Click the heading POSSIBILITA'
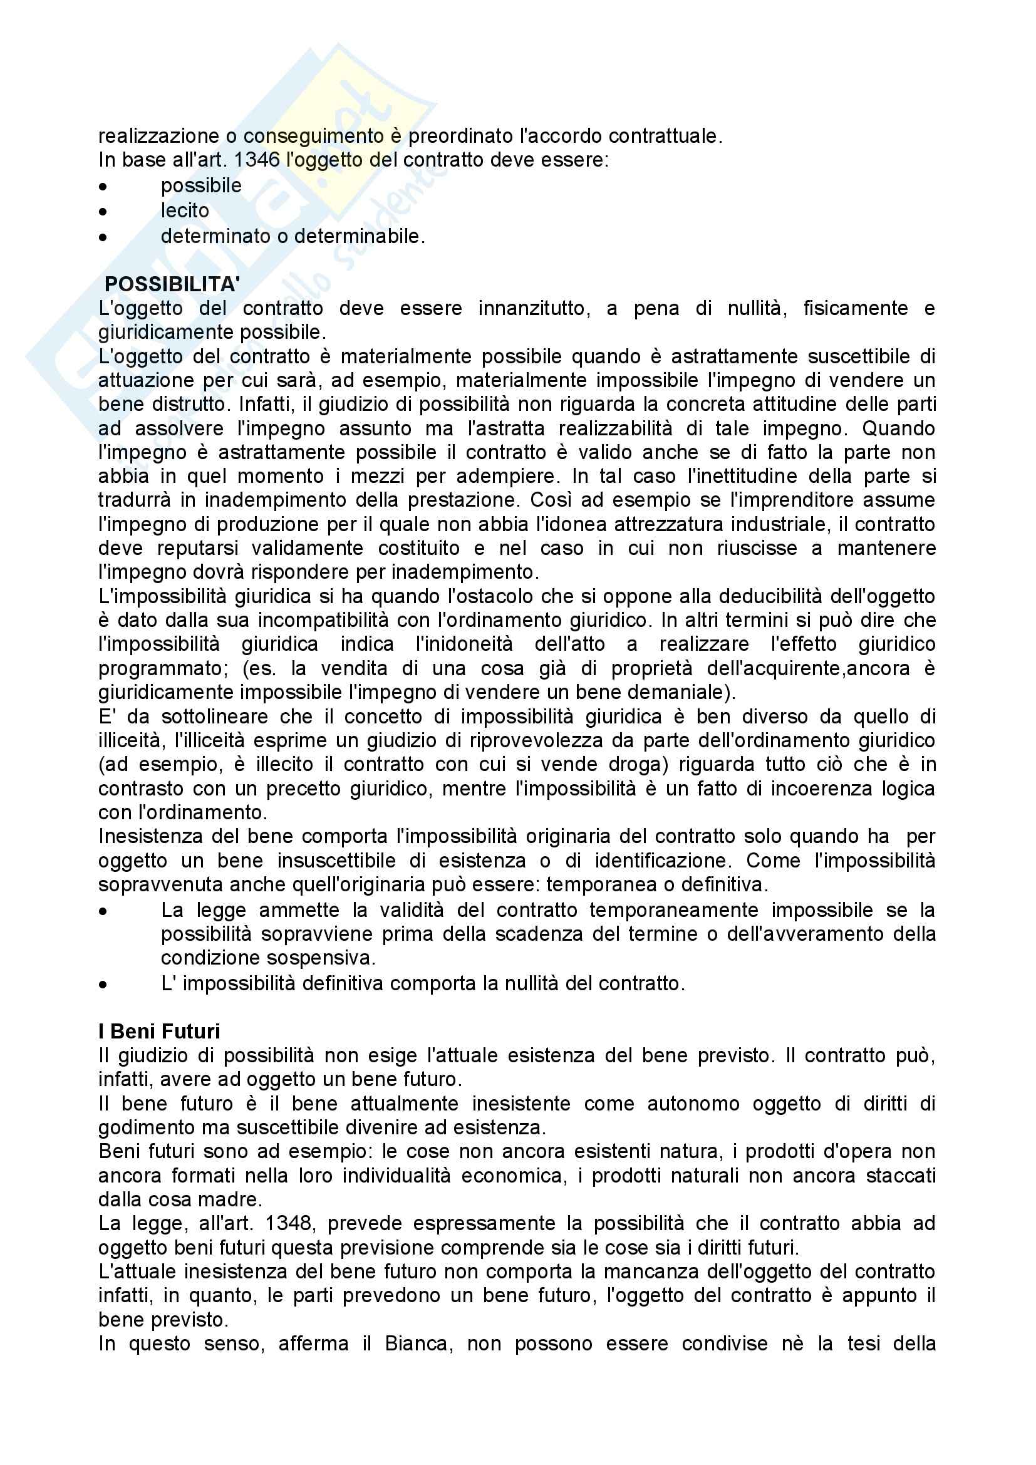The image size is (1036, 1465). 172,284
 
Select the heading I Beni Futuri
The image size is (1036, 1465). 159,1031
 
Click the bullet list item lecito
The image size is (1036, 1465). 184,210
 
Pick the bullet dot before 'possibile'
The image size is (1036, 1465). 103,187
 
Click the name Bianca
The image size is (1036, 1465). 418,1343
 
